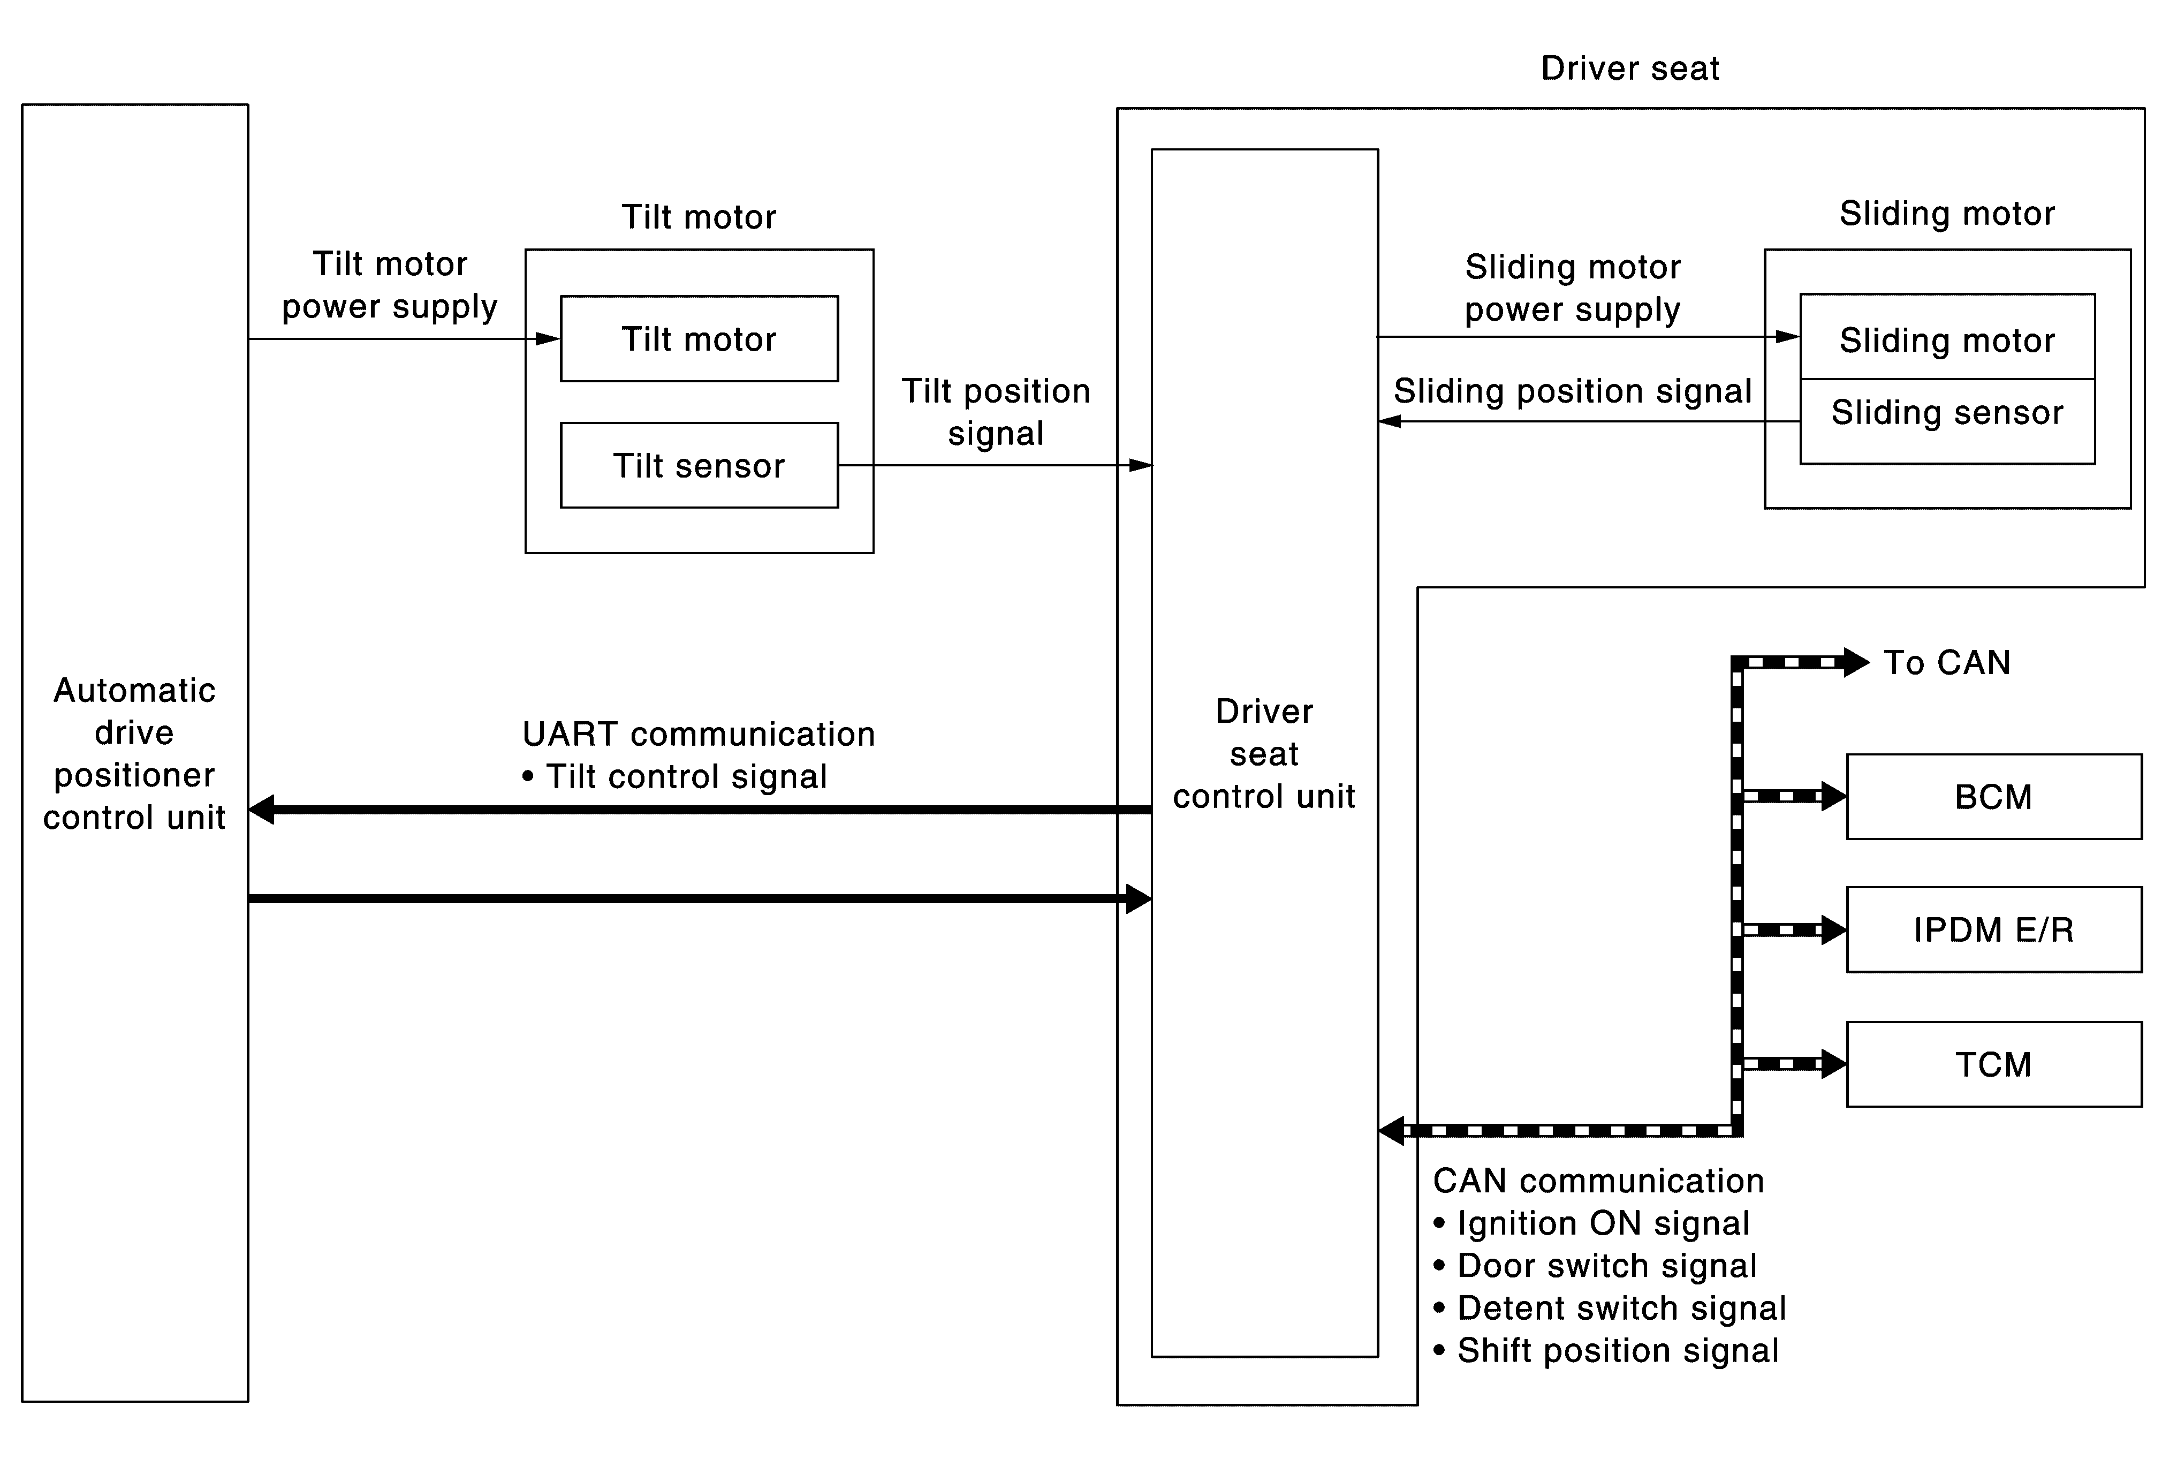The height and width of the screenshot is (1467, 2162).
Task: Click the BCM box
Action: (1993, 796)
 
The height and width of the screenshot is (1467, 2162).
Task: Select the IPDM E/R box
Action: (1993, 929)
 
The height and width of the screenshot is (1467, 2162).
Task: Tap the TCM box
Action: (1993, 1064)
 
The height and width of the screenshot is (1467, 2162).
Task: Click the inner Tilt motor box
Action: (699, 338)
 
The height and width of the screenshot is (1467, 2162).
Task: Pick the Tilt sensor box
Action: (699, 465)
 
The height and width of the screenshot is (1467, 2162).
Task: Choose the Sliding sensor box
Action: (1947, 420)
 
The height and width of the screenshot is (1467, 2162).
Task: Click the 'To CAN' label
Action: (1947, 662)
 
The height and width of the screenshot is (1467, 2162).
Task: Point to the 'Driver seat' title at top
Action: (1630, 68)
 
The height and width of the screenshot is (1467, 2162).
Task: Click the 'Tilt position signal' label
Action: (996, 412)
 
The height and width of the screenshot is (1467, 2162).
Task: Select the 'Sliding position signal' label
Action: (1572, 391)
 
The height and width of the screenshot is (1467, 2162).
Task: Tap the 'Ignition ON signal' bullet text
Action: (1592, 1223)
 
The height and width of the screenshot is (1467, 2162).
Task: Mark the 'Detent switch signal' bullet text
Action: (1610, 1308)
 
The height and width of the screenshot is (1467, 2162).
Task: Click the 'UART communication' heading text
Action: (699, 734)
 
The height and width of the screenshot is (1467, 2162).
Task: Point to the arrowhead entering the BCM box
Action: (1834, 796)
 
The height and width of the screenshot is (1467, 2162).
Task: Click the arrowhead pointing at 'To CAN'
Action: (1856, 662)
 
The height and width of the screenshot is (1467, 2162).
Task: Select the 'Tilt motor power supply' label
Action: (390, 285)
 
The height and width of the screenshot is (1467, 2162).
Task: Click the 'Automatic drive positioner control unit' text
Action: (135, 753)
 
